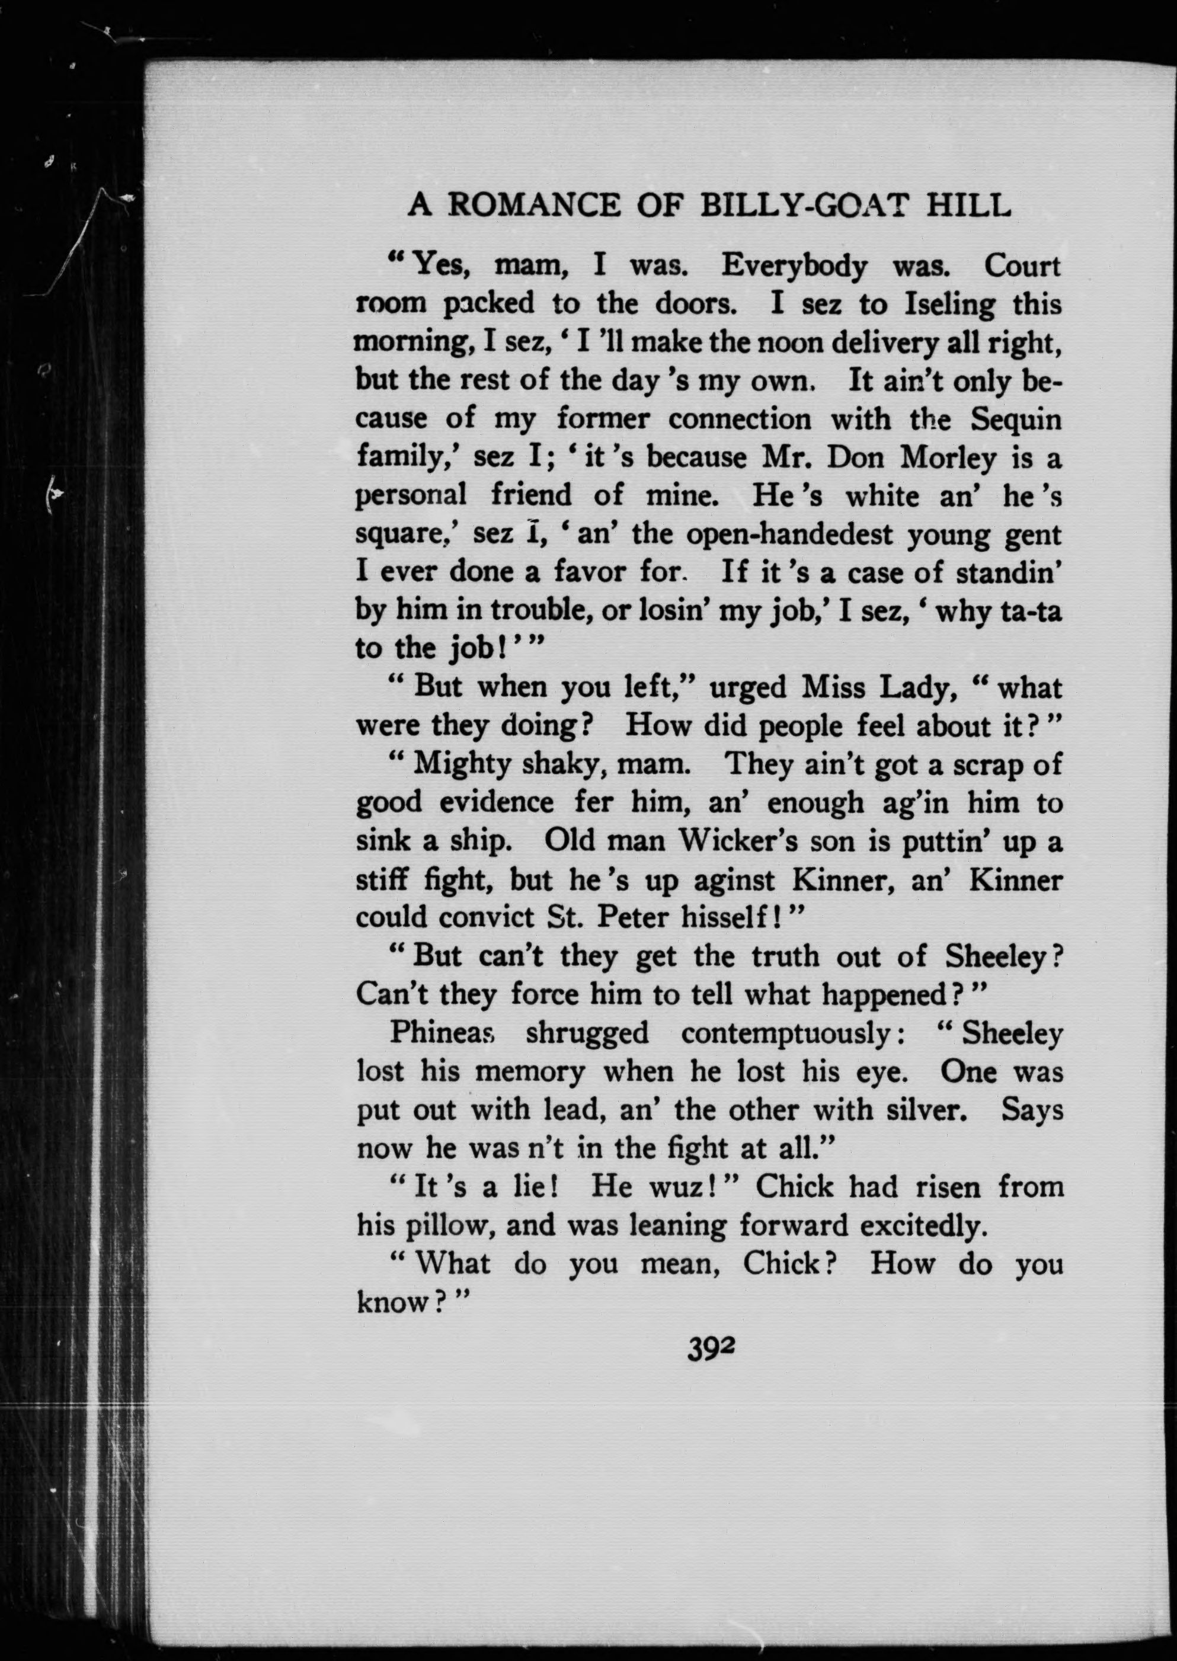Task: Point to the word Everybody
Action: (x=794, y=267)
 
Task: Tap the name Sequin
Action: (x=1016, y=420)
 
